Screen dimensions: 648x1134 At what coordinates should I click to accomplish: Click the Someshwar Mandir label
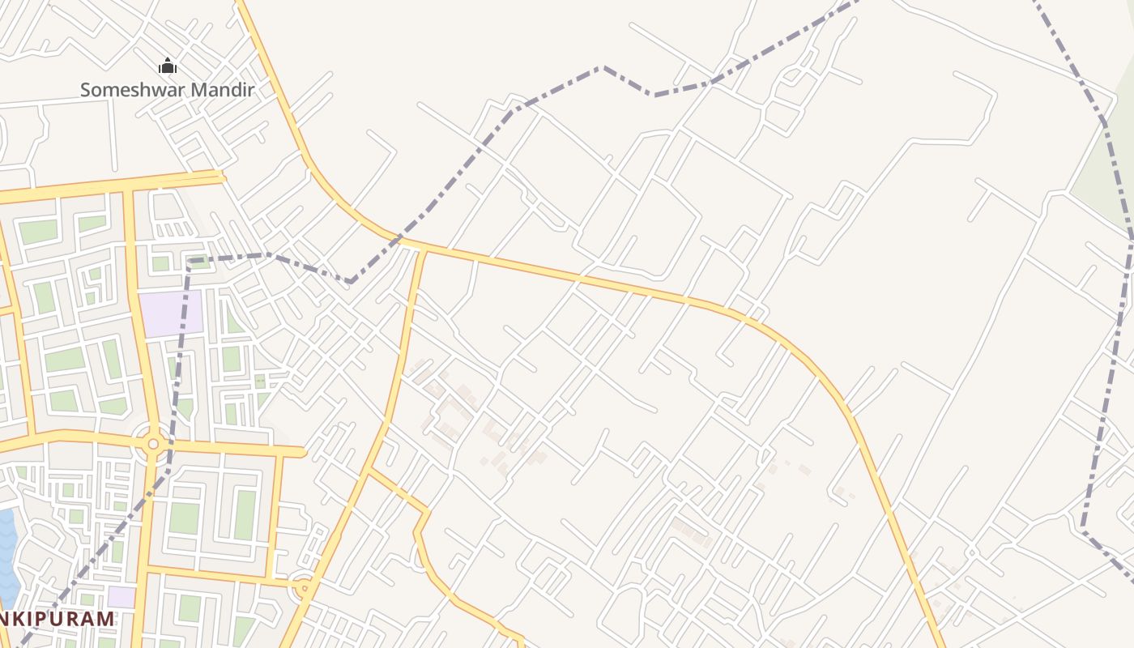(x=168, y=90)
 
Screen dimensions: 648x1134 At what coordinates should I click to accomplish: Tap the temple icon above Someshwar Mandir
(x=168, y=66)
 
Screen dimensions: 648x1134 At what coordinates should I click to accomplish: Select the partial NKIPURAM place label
(x=57, y=619)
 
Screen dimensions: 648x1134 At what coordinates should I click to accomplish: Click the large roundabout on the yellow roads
(x=153, y=443)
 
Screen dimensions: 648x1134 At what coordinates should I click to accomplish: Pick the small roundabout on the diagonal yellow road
(x=304, y=587)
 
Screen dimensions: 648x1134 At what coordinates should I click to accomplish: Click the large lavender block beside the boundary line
(x=171, y=313)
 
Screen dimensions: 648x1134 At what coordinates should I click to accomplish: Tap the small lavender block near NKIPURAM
(x=122, y=597)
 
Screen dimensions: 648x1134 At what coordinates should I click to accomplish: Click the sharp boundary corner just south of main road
(x=350, y=282)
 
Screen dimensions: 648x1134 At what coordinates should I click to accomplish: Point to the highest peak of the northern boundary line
(x=602, y=67)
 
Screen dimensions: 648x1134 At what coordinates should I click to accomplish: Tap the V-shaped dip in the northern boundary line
(x=653, y=95)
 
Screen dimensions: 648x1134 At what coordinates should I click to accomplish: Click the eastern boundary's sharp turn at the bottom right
(x=1083, y=527)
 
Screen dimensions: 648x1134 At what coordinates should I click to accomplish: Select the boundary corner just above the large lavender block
(x=189, y=260)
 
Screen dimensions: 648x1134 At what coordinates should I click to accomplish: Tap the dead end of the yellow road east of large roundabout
(x=304, y=452)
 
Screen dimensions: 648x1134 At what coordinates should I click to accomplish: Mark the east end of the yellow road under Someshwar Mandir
(x=223, y=176)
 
